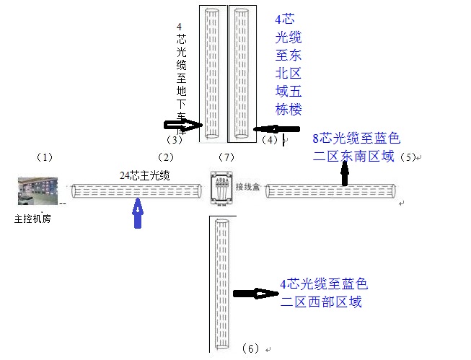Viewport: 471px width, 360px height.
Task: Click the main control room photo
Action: point(40,191)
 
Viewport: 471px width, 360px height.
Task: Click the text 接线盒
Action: point(247,187)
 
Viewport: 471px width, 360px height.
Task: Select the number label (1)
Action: point(45,157)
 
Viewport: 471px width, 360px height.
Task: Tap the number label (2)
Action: point(166,157)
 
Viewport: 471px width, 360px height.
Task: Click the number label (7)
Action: point(226,157)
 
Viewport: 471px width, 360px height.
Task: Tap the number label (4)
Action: point(270,138)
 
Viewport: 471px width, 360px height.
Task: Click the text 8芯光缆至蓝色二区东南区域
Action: point(355,146)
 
